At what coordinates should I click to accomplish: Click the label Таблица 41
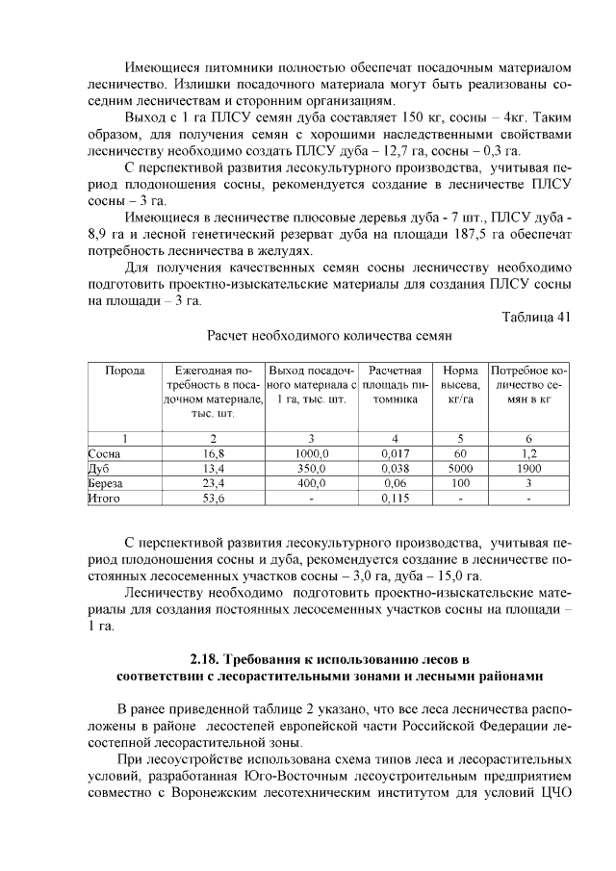point(537,318)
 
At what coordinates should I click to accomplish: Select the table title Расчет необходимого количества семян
point(329,336)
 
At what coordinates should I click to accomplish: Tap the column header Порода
point(124,371)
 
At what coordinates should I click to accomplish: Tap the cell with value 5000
point(459,468)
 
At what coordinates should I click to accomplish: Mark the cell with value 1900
point(528,468)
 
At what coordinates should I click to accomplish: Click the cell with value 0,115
point(394,499)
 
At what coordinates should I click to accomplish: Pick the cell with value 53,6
point(213,499)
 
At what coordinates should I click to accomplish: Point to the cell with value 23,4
point(213,483)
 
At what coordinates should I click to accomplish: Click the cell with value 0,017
point(394,452)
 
